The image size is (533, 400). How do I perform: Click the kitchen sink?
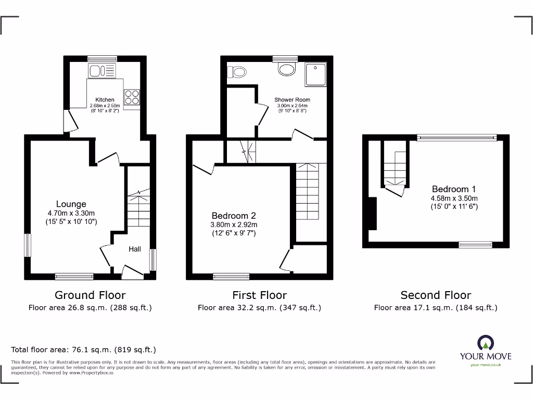coord(97,71)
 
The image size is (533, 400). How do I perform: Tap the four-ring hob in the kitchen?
coord(131,97)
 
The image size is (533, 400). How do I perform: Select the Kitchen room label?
coord(105,99)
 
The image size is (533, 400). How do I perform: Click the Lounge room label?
coord(71,204)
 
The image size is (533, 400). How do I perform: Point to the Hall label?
coord(135,249)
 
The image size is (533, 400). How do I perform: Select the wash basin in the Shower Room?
coord(286,69)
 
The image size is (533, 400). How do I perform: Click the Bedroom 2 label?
coord(234,216)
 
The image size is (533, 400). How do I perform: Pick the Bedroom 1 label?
coord(454,189)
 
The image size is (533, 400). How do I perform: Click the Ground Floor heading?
coord(90,295)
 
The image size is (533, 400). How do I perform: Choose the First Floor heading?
coord(259,295)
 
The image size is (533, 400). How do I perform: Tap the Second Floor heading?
coord(436,295)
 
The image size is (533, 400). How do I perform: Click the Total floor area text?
coord(84,350)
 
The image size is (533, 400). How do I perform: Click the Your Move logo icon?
coord(485,343)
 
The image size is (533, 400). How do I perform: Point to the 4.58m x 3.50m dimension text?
coord(454,198)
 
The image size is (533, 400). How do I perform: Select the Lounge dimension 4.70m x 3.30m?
coord(71,213)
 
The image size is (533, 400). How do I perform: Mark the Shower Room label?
coord(292,99)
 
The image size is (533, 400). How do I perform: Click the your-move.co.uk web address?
coord(485,365)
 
